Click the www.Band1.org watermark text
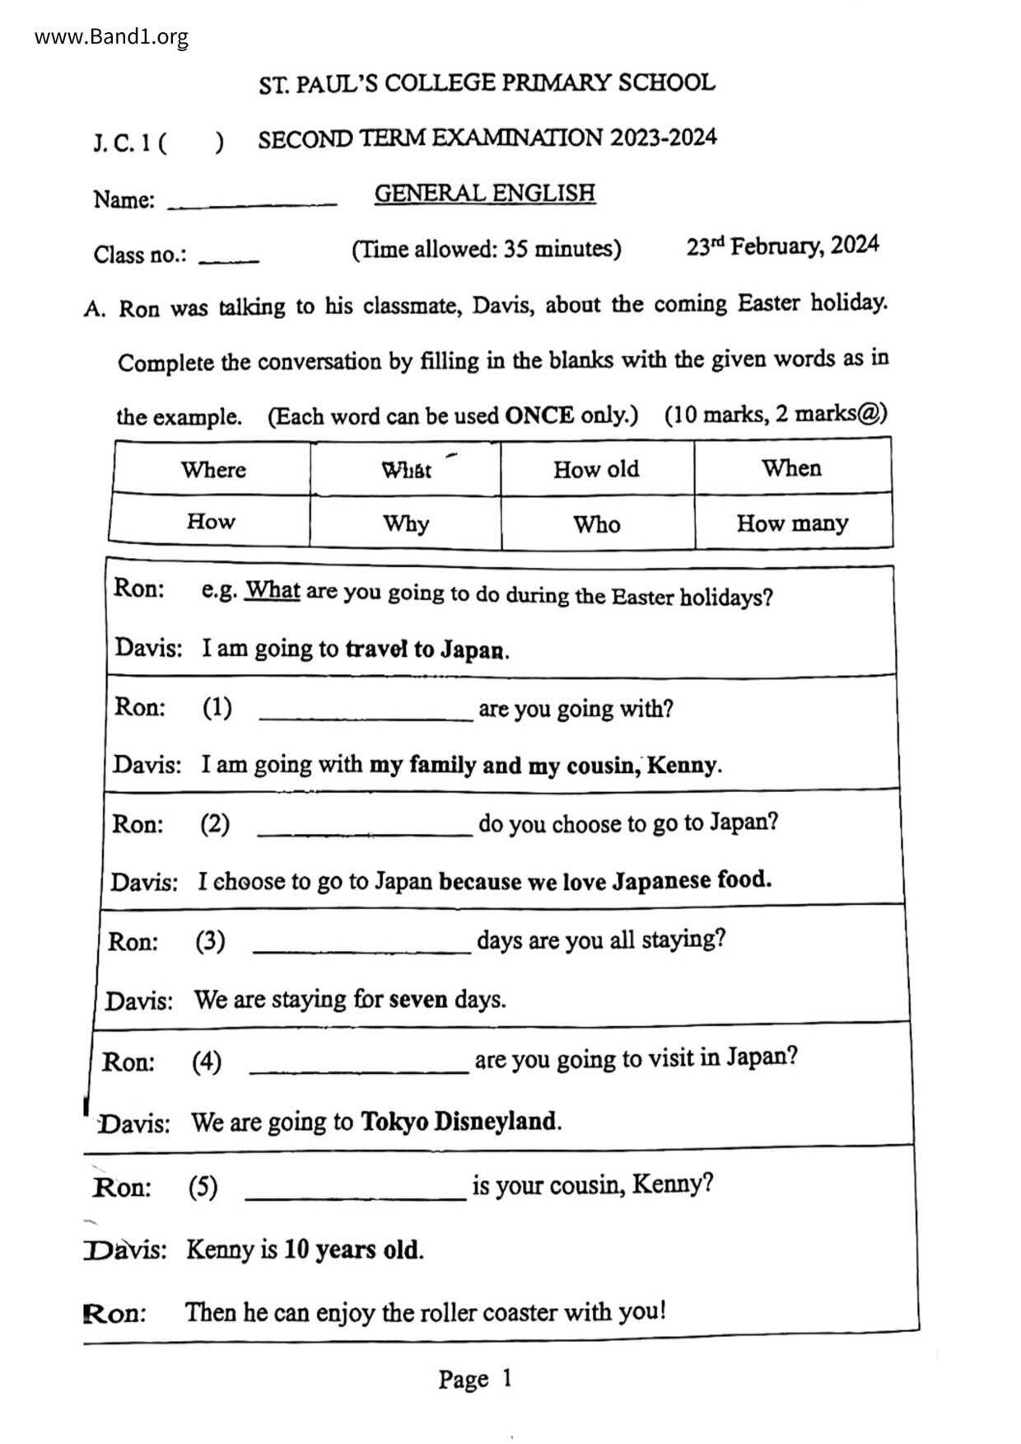111,37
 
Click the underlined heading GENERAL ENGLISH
484,193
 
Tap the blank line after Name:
252,203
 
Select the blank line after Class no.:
229,259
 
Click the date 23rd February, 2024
782,246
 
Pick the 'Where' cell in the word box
213,469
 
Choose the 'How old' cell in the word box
596,469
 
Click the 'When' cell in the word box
791,468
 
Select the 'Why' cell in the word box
405,524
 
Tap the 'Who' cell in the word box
597,524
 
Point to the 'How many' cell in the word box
792,523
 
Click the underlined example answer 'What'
273,590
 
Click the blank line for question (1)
366,718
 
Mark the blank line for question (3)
361,950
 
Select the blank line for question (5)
356,1197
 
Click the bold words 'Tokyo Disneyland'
459,1121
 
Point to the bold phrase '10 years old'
352,1250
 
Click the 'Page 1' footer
475,1379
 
